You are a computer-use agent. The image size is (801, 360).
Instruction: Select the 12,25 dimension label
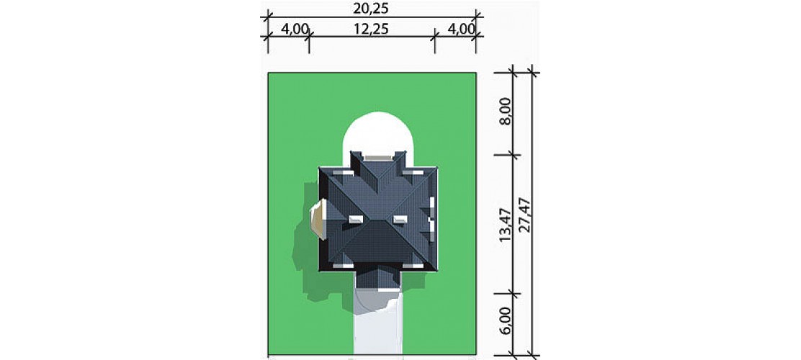pos(372,29)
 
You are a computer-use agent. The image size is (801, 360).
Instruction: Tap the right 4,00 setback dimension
pos(462,29)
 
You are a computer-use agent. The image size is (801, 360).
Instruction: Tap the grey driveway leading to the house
pos(378,327)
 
